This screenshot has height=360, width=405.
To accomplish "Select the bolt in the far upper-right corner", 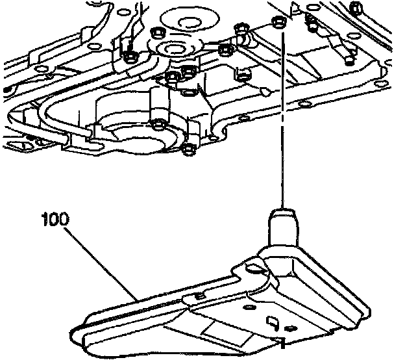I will (354, 7).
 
